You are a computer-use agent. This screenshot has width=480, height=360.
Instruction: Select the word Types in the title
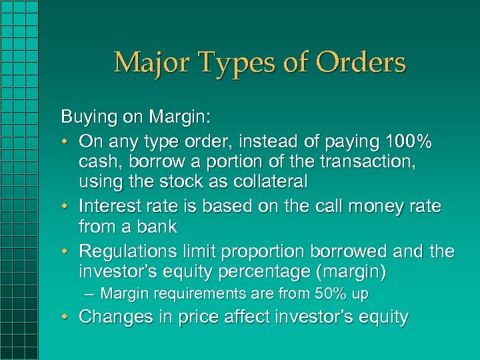[236, 63]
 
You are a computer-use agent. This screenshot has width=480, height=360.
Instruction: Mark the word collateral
[267, 181]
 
